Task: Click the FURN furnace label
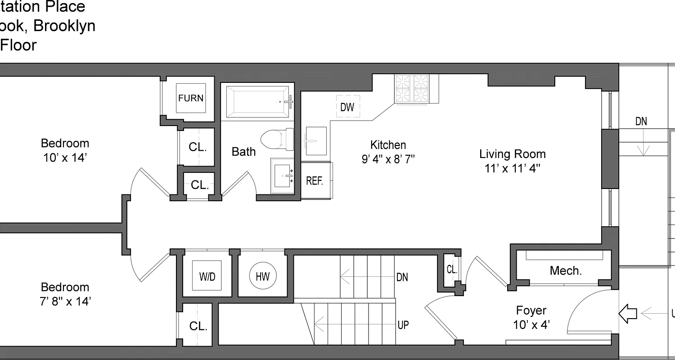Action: pos(191,98)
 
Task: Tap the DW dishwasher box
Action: pos(347,107)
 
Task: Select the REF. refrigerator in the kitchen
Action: pos(315,180)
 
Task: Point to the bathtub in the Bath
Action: pos(257,102)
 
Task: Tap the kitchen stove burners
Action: pos(412,89)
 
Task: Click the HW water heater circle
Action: pos(263,275)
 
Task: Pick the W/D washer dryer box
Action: pos(207,276)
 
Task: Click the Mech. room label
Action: pos(566,270)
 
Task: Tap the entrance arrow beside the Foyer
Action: pos(628,313)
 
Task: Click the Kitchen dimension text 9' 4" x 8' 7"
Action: pos(388,159)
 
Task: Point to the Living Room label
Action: pos(512,154)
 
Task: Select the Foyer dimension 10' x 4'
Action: pos(531,324)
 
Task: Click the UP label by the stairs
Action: pos(403,324)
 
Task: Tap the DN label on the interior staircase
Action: pos(402,277)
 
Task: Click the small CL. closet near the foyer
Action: pos(452,270)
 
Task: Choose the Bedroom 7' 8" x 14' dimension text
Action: pos(65,301)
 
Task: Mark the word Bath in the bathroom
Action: pos(243,152)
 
